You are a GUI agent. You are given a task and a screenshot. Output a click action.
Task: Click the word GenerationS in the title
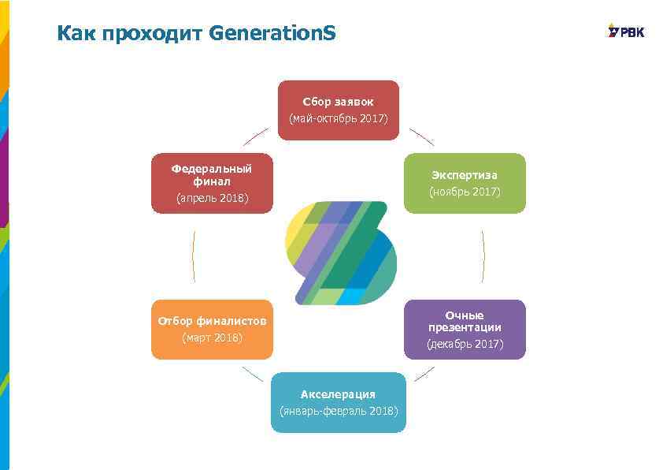click(272, 34)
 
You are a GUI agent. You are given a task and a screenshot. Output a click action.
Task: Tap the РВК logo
click(626, 32)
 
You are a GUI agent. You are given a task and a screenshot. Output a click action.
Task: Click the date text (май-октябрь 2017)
click(339, 119)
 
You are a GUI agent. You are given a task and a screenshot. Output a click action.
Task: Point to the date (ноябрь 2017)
click(465, 192)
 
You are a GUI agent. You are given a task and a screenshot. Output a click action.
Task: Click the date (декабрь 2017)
click(465, 345)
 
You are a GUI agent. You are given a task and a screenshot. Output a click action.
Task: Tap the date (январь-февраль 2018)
click(339, 411)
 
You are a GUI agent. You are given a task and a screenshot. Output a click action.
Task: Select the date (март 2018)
click(212, 338)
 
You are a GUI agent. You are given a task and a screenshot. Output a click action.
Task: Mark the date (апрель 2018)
click(212, 198)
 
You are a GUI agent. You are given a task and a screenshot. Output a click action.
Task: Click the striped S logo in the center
click(339, 253)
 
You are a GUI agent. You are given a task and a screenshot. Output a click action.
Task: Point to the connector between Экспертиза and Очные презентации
click(483, 256)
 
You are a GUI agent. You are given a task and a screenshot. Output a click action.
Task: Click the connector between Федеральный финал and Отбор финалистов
click(193, 256)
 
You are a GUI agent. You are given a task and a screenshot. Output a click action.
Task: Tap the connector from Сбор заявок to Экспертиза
click(421, 136)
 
